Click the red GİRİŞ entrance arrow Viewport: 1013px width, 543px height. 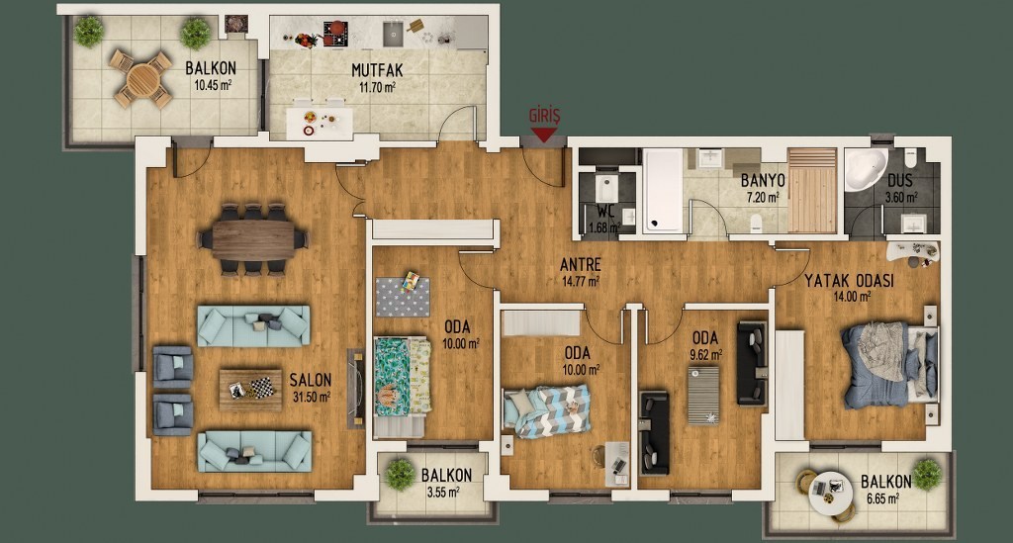click(x=544, y=135)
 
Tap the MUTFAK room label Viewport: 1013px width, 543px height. click(x=377, y=70)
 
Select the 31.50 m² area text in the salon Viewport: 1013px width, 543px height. click(x=312, y=397)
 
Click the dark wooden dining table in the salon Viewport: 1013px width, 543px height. click(x=252, y=240)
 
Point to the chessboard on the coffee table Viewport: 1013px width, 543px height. click(x=261, y=388)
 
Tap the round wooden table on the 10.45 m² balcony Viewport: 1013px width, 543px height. click(x=140, y=79)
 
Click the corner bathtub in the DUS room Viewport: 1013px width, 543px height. click(x=866, y=169)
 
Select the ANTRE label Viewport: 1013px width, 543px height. click(x=580, y=264)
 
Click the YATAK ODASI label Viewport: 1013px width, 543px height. click(x=849, y=281)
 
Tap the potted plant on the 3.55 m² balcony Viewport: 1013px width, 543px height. click(x=400, y=475)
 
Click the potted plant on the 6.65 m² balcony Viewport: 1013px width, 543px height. click(x=927, y=475)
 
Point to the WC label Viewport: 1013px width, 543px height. click(x=605, y=212)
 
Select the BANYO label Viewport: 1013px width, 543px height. click(x=763, y=180)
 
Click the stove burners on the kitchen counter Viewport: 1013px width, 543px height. click(x=335, y=34)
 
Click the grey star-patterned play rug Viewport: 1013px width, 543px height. click(x=403, y=297)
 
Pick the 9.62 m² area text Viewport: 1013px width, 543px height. click(x=706, y=354)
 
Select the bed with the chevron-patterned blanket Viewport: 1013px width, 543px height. click(x=546, y=411)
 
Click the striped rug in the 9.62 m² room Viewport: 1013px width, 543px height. click(x=703, y=396)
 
